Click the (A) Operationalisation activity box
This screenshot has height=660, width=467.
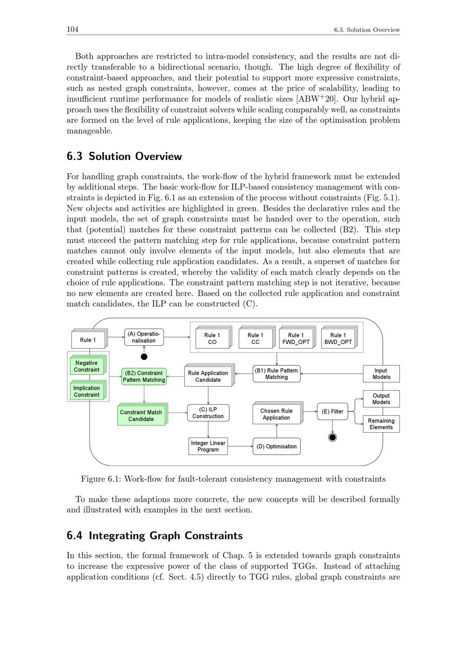pos(144,337)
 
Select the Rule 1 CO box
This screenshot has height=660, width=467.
pos(212,338)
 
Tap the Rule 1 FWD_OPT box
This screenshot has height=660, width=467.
pos(296,338)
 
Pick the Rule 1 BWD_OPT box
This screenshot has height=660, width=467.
pos(338,338)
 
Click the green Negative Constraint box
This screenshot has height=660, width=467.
pos(86,366)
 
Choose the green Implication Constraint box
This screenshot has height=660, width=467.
pos(86,391)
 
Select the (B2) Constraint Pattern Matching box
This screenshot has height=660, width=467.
pos(144,376)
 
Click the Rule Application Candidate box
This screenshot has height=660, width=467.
pos(208,376)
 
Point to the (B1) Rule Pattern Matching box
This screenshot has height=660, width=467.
pos(276,373)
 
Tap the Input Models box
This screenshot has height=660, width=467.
pos(381,373)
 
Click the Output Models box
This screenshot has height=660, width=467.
pos(381,399)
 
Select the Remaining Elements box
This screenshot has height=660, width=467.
pos(381,424)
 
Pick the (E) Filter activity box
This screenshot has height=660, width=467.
pos(333,411)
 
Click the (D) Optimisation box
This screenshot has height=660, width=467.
pos(276,446)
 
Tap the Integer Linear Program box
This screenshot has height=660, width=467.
pos(208,446)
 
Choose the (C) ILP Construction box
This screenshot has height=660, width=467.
pos(208,413)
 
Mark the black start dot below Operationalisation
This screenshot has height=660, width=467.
pos(144,357)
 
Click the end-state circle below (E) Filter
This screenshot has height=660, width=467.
pos(333,437)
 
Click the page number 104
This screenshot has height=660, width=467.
pos(72,29)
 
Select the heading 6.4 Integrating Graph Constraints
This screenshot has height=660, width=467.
pos(155,535)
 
